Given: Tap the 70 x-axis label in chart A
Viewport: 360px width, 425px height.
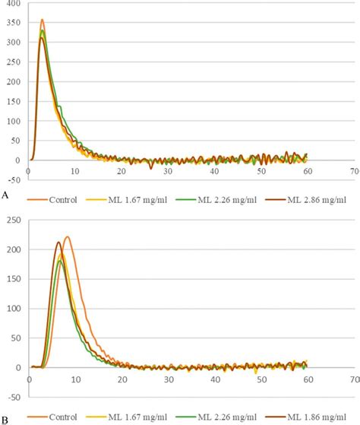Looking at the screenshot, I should coord(354,173).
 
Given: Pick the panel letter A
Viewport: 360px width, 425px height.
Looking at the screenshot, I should coord(5,195).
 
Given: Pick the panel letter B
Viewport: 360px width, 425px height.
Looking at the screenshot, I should coord(5,418).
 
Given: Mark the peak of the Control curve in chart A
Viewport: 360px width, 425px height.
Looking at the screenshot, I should coord(42,21).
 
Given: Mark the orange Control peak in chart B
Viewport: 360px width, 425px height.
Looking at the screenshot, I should coord(67,237).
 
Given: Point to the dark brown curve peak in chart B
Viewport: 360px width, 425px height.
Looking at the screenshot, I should coord(58,243).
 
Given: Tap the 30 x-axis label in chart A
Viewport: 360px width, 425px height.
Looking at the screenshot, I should coord(168,173).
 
